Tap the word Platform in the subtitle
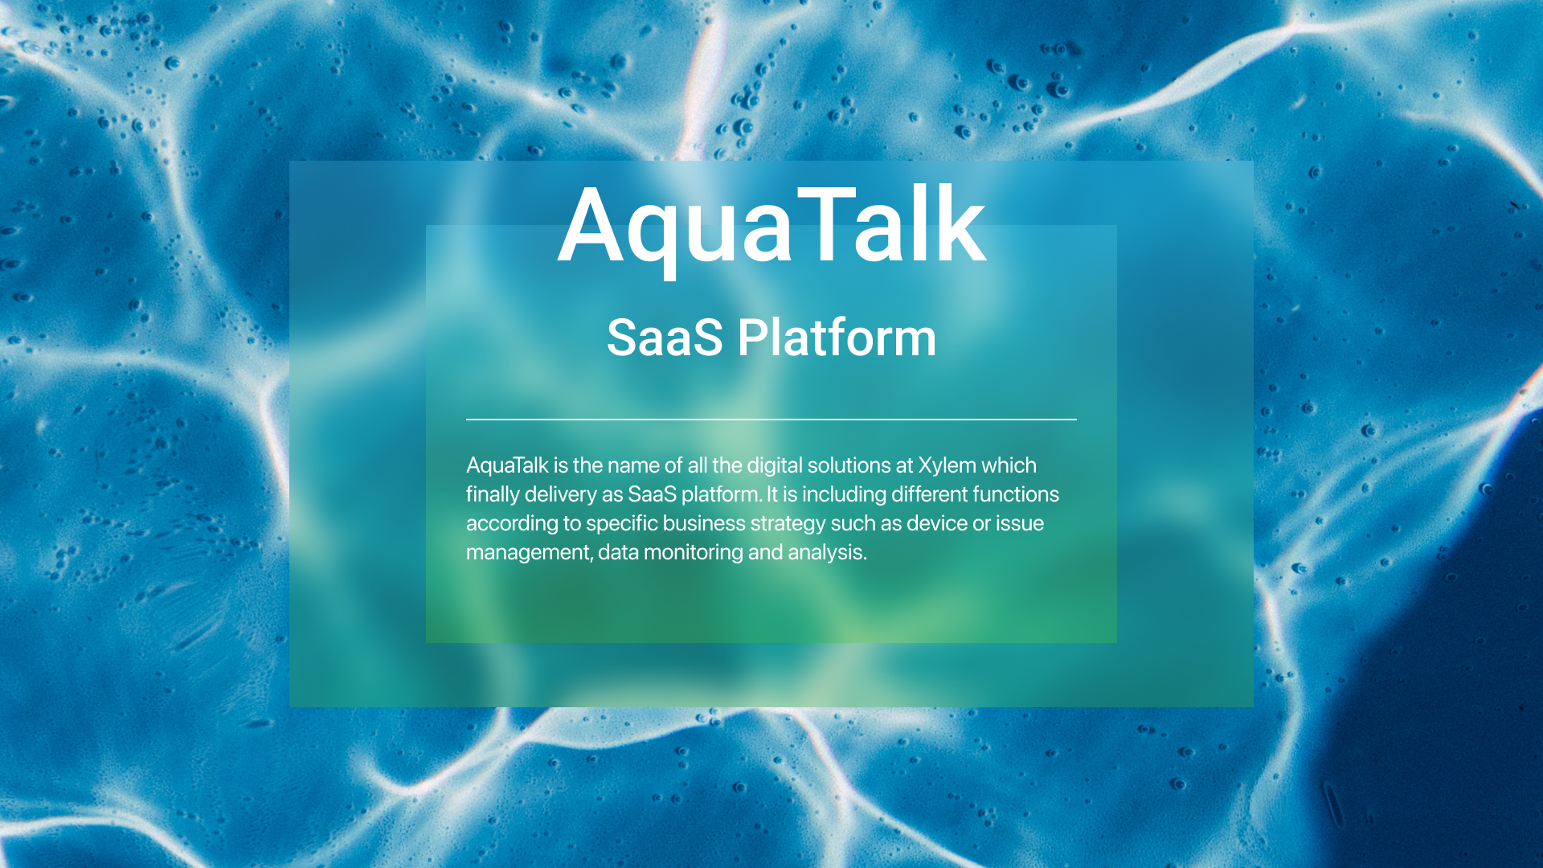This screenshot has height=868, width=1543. [837, 338]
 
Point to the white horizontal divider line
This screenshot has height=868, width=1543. [771, 419]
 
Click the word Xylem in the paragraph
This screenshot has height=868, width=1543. [947, 465]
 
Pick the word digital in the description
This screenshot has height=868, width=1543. [775, 465]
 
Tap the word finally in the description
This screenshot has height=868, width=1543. [493, 494]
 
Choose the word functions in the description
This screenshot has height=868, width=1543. [1015, 494]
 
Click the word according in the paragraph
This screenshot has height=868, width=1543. [512, 523]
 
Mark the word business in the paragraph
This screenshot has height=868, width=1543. [704, 523]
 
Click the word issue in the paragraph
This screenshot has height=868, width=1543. [1020, 523]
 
